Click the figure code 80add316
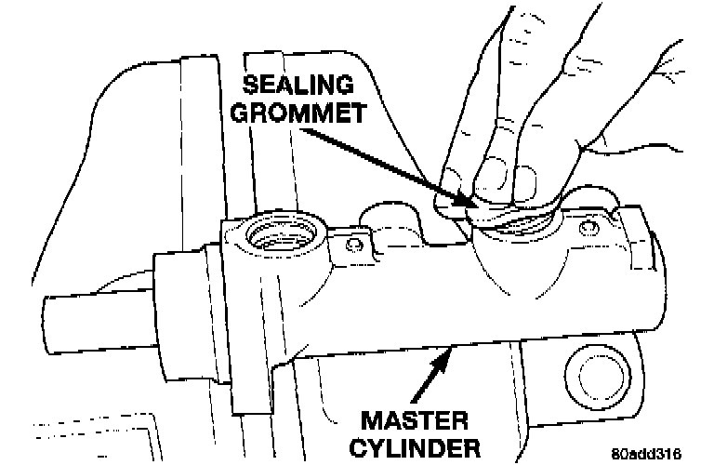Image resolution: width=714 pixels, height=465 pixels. tap(647, 453)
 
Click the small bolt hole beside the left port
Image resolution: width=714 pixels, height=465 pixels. tap(353, 245)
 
